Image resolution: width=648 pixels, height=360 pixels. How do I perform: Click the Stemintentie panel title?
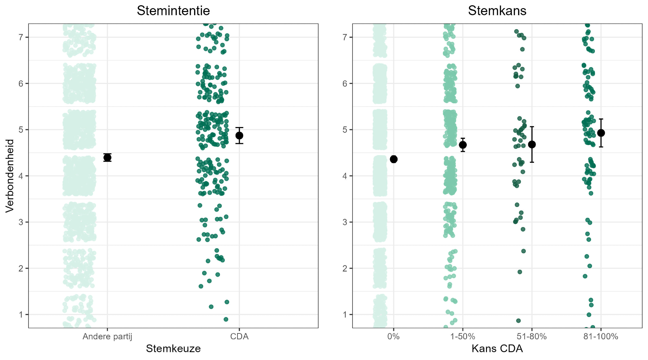pyautogui.click(x=173, y=11)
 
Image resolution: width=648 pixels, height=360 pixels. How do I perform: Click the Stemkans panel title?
pyautogui.click(x=497, y=11)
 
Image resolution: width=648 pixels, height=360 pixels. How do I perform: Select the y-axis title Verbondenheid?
pyautogui.click(x=10, y=176)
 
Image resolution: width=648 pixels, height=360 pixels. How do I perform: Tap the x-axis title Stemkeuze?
pyautogui.click(x=173, y=349)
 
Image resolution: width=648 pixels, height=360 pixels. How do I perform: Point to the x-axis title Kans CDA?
pyautogui.click(x=497, y=349)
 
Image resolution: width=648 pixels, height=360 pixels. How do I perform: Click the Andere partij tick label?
pyautogui.click(x=107, y=337)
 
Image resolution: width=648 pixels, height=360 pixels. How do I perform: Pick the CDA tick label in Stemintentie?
pyautogui.click(x=239, y=337)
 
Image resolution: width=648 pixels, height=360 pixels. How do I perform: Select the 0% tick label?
pyautogui.click(x=393, y=337)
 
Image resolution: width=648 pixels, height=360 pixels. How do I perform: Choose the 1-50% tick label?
pyautogui.click(x=463, y=337)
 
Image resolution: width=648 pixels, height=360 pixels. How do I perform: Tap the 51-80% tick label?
pyautogui.click(x=532, y=337)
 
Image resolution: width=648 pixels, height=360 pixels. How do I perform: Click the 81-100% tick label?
pyautogui.click(x=601, y=337)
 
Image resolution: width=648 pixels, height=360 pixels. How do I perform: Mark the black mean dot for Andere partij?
pyautogui.click(x=107, y=157)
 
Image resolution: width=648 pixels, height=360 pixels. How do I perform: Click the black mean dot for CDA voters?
pyautogui.click(x=239, y=135)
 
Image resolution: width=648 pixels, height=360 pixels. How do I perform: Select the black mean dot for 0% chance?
pyautogui.click(x=394, y=159)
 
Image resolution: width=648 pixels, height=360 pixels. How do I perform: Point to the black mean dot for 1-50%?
pyautogui.click(x=463, y=145)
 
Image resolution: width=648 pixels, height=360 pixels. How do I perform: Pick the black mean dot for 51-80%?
pyautogui.click(x=532, y=145)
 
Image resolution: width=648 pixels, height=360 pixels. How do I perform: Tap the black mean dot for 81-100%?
pyautogui.click(x=601, y=133)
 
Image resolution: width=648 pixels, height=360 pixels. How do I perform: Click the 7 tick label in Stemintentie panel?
pyautogui.click(x=21, y=37)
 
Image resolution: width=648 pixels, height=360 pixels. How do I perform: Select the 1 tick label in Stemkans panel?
pyautogui.click(x=345, y=315)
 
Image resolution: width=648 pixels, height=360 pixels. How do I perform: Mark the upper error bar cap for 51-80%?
pyautogui.click(x=532, y=127)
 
